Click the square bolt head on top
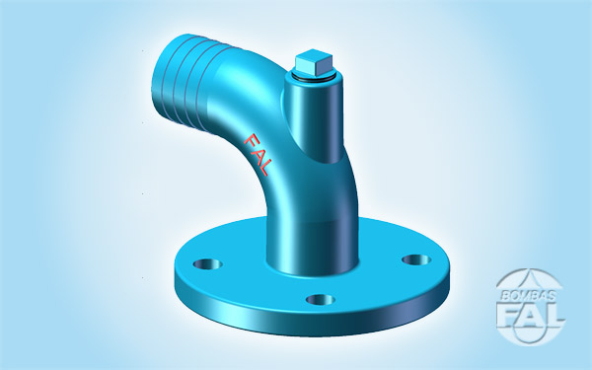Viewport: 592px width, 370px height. (x=314, y=62)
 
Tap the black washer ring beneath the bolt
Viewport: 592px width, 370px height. (x=314, y=77)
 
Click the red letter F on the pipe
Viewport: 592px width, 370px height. (x=252, y=141)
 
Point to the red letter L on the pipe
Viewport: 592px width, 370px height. (x=264, y=168)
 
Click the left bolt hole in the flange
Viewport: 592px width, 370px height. (x=207, y=263)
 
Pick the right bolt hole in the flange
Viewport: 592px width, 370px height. (x=416, y=259)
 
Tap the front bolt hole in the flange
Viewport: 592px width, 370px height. (x=321, y=300)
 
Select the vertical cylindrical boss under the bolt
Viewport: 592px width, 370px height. (x=314, y=117)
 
